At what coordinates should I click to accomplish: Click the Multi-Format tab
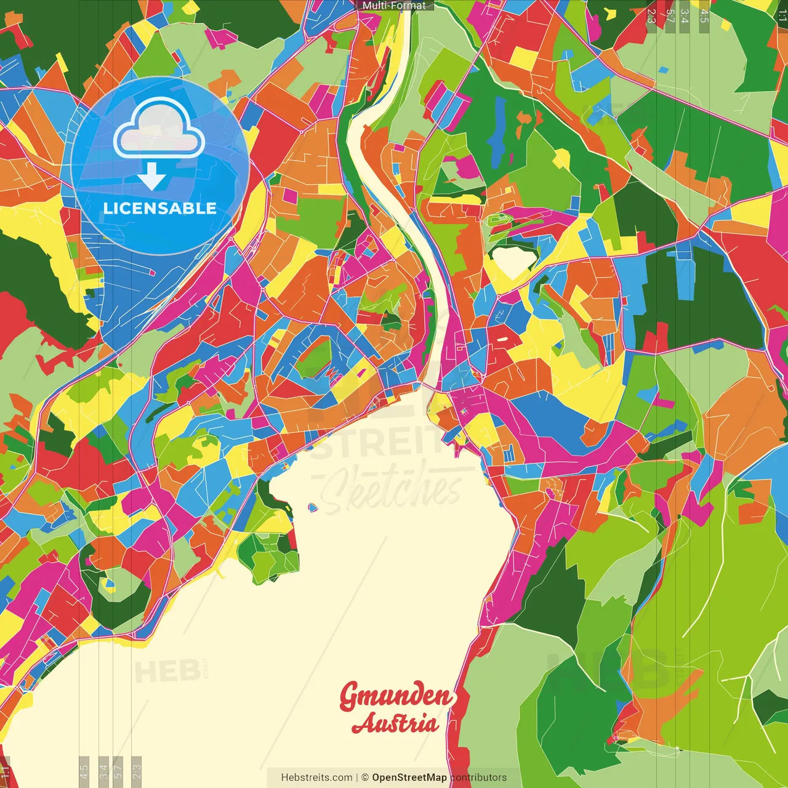tap(394, 6)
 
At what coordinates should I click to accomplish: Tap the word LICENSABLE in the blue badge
tap(159, 208)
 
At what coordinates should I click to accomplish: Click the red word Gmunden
tap(396, 696)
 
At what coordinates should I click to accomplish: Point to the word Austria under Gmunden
tap(395, 723)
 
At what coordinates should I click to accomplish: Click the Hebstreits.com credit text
tap(316, 778)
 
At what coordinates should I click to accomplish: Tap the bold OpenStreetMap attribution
tap(409, 778)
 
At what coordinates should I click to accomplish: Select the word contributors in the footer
tap(478, 778)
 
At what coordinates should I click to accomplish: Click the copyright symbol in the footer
tap(364, 778)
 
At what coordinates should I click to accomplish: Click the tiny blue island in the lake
tap(313, 508)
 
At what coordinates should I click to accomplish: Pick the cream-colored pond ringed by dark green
tap(512, 261)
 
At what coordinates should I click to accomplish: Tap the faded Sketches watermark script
tap(391, 489)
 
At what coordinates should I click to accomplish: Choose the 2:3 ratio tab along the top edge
tap(651, 16)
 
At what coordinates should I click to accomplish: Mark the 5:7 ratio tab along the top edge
tap(669, 16)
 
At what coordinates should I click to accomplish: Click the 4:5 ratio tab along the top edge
tap(704, 16)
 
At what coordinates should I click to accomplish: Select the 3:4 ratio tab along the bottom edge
tap(103, 771)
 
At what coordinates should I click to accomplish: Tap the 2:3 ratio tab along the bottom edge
tap(137, 771)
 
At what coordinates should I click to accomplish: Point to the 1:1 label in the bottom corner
tap(5, 772)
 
